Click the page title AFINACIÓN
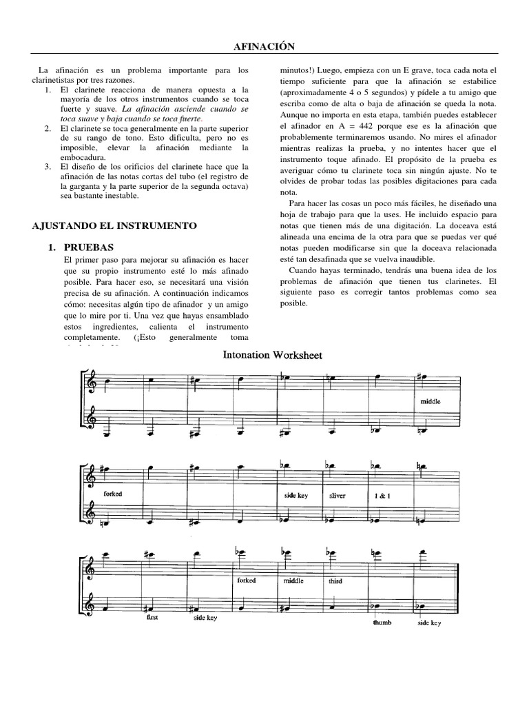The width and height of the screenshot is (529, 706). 264,46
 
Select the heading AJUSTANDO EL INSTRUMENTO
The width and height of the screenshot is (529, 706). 115,225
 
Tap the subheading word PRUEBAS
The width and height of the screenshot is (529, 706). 90,246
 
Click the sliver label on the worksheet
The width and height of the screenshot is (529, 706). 337,496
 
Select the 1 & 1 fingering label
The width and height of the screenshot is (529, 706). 380,496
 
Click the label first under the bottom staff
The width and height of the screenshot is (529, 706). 152,617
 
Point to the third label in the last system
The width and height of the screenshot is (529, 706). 335,581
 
